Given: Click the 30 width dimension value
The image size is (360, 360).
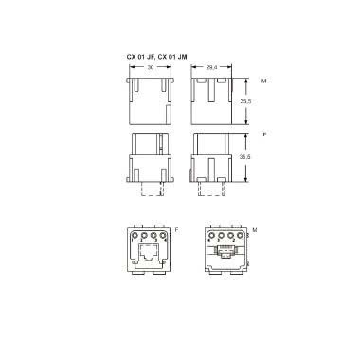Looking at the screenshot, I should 150,68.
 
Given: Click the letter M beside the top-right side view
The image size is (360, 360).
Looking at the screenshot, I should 263,81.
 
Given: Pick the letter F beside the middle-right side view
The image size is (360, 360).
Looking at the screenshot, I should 263,135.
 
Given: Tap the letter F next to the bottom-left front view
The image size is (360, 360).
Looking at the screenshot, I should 177,229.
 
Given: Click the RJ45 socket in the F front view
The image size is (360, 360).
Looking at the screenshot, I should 150,252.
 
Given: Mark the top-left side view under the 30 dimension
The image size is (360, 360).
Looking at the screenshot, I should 150,99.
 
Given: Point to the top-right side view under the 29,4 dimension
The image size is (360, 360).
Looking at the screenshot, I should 213,99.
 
